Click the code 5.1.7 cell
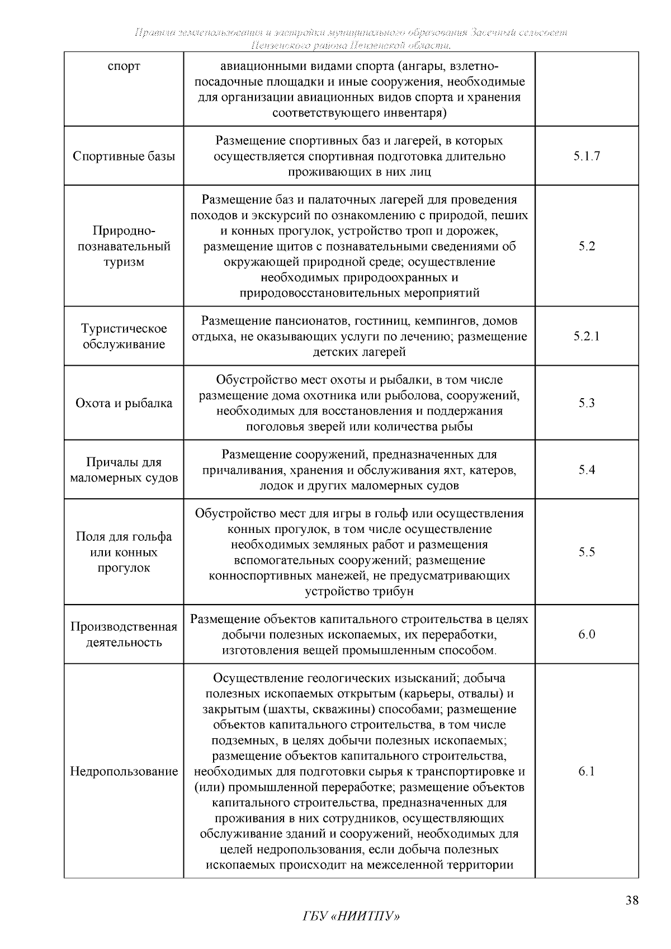tap(587, 156)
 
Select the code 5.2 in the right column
tap(587, 246)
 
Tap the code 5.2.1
tap(587, 336)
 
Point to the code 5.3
tap(587, 403)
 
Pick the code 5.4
tap(587, 470)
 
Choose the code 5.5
tap(587, 552)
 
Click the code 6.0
tap(587, 634)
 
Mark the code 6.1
tap(587, 771)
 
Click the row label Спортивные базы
tap(124, 156)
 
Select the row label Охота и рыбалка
tap(124, 403)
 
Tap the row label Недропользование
tap(124, 772)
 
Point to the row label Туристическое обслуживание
tap(124, 336)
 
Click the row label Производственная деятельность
tap(124, 634)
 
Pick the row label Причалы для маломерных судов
tap(124, 470)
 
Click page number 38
tap(632, 900)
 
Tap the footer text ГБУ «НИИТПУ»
tap(352, 917)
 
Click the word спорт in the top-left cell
tap(124, 67)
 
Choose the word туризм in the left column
tap(124, 262)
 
